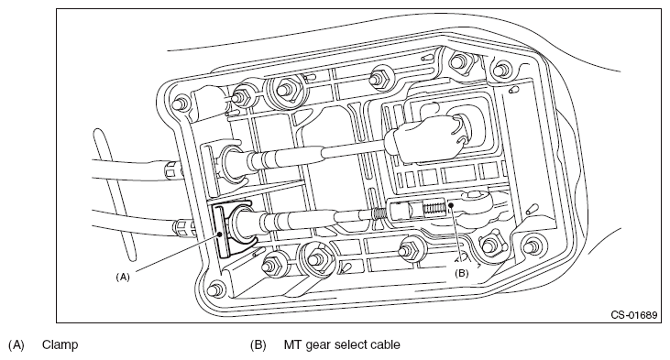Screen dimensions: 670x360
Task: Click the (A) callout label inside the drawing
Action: pos(123,277)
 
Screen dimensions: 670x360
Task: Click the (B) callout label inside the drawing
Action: pos(461,273)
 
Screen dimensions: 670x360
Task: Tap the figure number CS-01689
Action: pos(633,315)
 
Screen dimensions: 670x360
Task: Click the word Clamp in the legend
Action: pos(60,344)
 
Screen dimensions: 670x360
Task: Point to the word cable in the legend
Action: pos(386,344)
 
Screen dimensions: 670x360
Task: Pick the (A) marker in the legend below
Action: pos(16,344)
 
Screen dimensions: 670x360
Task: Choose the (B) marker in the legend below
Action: pos(258,344)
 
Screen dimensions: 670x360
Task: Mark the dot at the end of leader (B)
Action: pos(451,206)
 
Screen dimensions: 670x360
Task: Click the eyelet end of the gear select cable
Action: pos(478,200)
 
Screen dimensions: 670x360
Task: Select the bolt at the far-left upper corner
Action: pos(180,104)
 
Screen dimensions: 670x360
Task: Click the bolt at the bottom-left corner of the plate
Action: pos(215,289)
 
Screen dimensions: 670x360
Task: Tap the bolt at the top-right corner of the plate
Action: pos(502,69)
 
